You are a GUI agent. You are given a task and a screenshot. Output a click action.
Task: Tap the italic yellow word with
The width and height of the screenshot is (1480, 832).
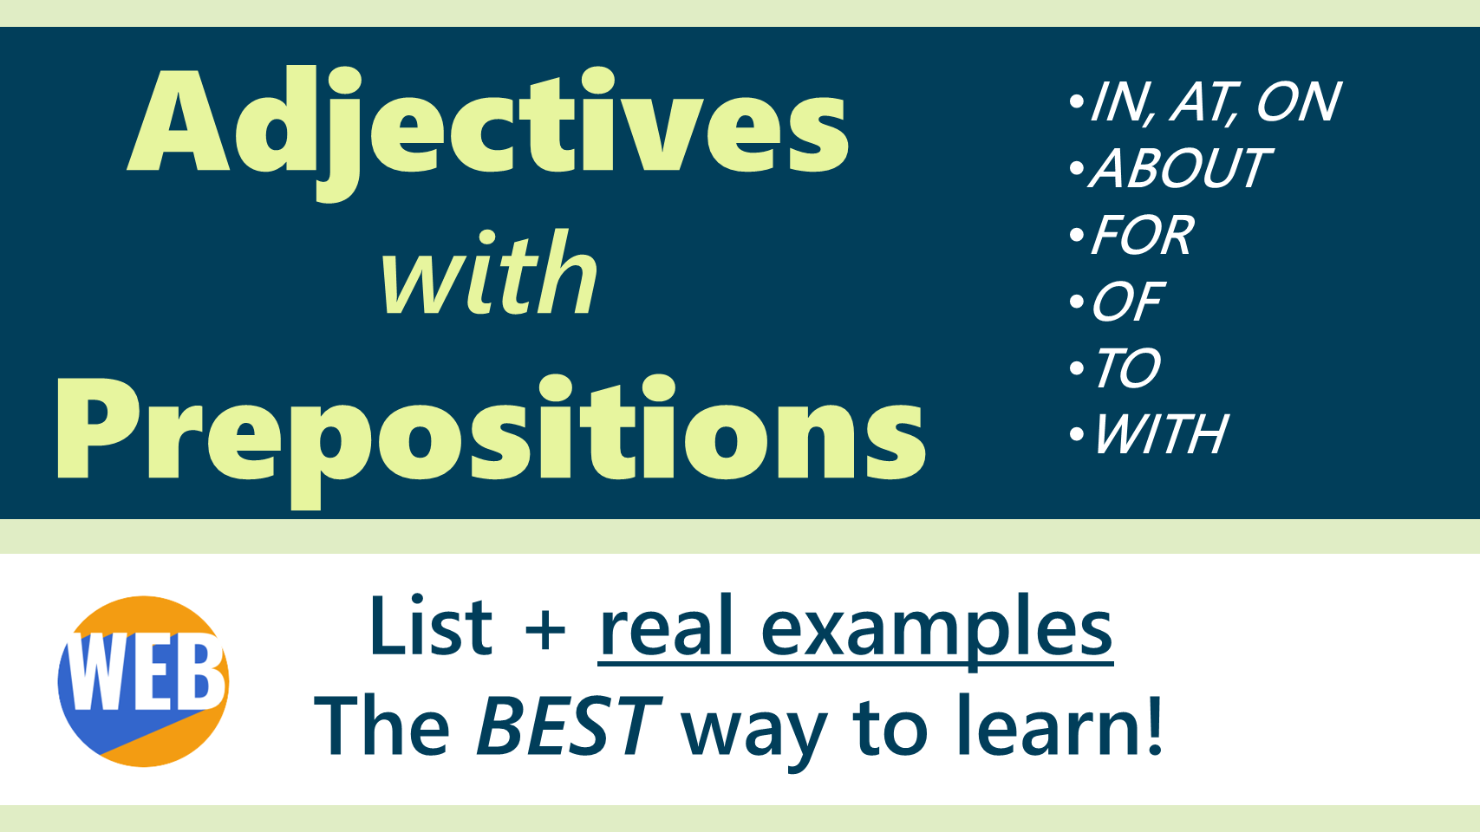tap(489, 272)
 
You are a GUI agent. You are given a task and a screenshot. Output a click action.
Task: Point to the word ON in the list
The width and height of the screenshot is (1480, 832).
tap(1299, 102)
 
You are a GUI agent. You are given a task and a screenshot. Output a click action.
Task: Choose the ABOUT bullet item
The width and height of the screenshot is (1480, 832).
tap(1179, 168)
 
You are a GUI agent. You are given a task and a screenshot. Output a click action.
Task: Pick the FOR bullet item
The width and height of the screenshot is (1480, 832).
tap(1143, 234)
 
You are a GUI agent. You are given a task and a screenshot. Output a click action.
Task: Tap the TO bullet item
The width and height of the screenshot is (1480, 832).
tap(1127, 367)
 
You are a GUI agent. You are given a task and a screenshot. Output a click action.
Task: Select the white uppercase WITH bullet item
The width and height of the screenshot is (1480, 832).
tap(1161, 434)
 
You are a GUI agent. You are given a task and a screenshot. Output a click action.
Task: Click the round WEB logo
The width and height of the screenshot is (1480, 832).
tap(143, 681)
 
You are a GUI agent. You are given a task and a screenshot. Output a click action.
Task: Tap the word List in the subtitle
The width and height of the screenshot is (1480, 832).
tap(432, 626)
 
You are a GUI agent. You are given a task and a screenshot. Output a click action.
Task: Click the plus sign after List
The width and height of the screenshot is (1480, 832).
tap(545, 631)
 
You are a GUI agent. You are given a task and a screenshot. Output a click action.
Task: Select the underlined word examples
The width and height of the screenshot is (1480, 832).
tap(937, 632)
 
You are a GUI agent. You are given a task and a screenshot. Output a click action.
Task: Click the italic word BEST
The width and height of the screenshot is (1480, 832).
tap(569, 725)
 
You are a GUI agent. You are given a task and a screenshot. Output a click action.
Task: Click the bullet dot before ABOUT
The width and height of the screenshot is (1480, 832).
tap(1077, 168)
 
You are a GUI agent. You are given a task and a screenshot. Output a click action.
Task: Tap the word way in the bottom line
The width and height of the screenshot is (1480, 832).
tap(754, 733)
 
